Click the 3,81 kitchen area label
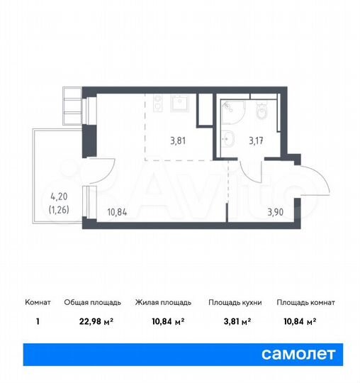[x=179, y=140]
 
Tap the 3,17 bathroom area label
[x=256, y=140]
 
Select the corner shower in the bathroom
[x=231, y=111]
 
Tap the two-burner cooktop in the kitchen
[x=159, y=104]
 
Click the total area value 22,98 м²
[x=99, y=320]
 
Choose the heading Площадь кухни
[x=235, y=302]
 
